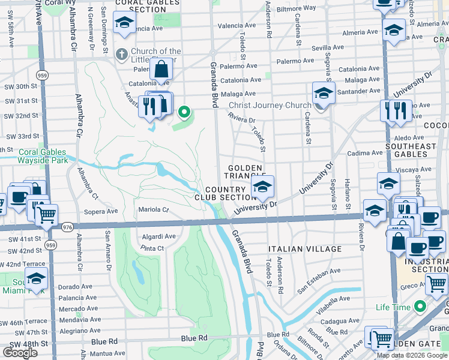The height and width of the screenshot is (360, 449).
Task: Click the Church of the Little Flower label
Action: [x=155, y=55]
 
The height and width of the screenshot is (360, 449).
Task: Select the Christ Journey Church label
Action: [x=270, y=105]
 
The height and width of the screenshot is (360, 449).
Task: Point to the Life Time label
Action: [x=393, y=308]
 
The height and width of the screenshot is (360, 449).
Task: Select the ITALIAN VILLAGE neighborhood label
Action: [x=305, y=249]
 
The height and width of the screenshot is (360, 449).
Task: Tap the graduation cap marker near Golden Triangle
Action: [x=262, y=188]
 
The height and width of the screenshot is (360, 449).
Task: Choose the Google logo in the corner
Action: [x=20, y=353]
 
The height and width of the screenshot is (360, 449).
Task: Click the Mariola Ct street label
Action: [x=155, y=209]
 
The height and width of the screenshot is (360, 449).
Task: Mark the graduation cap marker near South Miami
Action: [x=36, y=279]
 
